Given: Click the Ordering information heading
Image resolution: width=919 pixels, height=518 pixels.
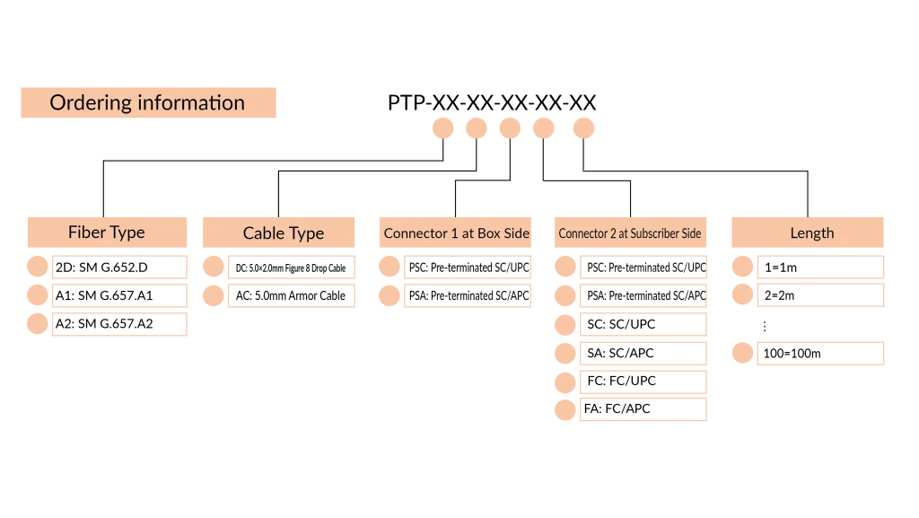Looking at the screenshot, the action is (x=148, y=102).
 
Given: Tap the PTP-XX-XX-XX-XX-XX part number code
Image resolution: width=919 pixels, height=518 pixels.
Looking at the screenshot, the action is (x=492, y=102).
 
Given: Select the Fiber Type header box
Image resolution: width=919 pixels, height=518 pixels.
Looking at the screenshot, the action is (x=108, y=233).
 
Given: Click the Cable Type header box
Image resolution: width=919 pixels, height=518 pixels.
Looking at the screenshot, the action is (x=278, y=233).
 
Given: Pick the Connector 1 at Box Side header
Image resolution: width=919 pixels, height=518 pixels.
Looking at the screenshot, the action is (x=455, y=233).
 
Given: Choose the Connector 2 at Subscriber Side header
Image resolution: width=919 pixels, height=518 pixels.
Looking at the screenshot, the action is (x=630, y=233).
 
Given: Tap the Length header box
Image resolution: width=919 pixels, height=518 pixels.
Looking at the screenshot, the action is (x=808, y=233).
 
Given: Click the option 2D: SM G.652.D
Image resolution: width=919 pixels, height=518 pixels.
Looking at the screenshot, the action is (x=119, y=268).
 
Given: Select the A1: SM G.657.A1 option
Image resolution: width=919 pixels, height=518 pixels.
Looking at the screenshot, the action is (x=119, y=295).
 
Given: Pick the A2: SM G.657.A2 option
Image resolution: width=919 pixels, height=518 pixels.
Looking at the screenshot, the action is (x=119, y=324).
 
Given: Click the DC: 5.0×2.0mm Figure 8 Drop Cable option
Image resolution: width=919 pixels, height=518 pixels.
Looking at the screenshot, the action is (x=292, y=268).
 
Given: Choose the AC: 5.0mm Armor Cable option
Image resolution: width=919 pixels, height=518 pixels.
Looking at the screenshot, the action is (x=292, y=295).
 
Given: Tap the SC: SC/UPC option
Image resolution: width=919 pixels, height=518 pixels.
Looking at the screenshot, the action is (x=643, y=324).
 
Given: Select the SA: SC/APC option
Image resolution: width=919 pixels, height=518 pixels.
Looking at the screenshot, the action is (x=643, y=353).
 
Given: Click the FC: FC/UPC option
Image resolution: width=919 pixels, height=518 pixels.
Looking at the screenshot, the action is (x=643, y=382).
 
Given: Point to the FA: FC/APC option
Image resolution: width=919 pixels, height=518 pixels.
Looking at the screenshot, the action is (x=643, y=409).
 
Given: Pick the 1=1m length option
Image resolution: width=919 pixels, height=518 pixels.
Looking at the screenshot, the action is (x=820, y=268).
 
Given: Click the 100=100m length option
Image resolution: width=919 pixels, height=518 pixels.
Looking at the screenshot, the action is (x=820, y=354).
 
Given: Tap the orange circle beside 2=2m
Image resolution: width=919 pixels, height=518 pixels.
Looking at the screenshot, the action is (x=742, y=294).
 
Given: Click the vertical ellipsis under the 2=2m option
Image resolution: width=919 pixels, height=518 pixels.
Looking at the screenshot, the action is (x=765, y=326).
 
